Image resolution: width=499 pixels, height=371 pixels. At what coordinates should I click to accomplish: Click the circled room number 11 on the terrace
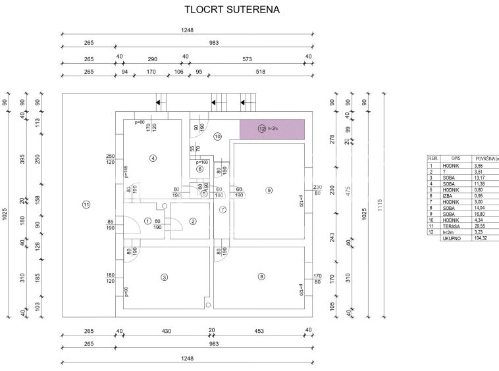pos(86,205)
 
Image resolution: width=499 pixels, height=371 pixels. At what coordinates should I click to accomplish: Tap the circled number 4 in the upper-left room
pos(152,158)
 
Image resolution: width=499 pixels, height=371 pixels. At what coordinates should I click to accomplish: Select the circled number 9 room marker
pos(269,190)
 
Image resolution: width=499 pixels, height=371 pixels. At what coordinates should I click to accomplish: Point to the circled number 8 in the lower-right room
pos(261,277)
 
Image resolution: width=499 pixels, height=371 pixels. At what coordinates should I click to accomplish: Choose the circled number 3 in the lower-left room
pos(164,278)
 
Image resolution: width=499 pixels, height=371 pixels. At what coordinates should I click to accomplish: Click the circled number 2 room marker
pos(192,221)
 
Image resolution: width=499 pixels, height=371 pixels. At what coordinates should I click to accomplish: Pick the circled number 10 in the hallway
pos(217,136)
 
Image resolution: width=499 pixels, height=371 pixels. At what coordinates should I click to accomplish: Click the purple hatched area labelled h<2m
pos(271,129)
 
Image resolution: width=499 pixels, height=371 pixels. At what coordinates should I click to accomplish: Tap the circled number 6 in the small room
pos(200,168)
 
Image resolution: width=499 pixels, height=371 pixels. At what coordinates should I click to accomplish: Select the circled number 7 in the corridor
pos(223,210)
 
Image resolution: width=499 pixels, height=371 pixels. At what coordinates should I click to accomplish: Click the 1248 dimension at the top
pos(187,30)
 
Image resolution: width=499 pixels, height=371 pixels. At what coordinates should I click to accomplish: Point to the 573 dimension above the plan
pos(247,59)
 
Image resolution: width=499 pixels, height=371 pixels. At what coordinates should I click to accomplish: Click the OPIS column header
pos(456,159)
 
